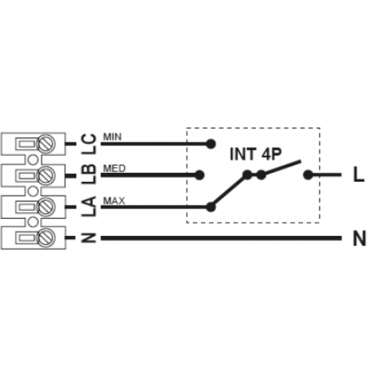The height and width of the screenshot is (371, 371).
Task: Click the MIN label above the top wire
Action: (x=112, y=137)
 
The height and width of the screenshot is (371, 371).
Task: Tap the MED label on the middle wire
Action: (x=114, y=168)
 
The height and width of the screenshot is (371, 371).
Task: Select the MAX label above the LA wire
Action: (x=114, y=200)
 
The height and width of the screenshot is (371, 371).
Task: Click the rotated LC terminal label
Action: (x=89, y=144)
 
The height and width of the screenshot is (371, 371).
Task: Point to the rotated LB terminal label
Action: (x=89, y=174)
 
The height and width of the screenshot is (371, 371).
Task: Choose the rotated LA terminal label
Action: (x=89, y=206)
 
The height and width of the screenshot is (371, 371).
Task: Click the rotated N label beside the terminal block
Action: (x=89, y=237)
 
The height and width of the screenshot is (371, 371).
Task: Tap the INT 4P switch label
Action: (x=256, y=154)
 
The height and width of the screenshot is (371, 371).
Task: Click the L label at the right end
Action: (x=358, y=174)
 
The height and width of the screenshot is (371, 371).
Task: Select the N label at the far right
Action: (x=359, y=238)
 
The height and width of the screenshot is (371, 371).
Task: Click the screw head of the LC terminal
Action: (x=46, y=144)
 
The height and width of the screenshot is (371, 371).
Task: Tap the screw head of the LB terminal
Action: (x=46, y=175)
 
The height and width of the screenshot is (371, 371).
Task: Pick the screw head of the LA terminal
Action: (x=46, y=206)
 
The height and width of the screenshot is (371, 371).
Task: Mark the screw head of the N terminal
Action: (x=46, y=237)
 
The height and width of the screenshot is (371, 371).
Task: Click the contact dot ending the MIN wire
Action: (x=211, y=144)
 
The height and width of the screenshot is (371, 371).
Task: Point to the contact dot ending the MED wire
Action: (x=199, y=175)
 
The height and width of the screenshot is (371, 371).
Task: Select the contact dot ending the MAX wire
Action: (x=211, y=207)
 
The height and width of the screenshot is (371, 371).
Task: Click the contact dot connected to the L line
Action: (x=308, y=175)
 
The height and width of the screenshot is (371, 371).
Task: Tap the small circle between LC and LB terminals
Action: (x=33, y=160)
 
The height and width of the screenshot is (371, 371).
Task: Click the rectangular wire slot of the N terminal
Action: (x=26, y=237)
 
